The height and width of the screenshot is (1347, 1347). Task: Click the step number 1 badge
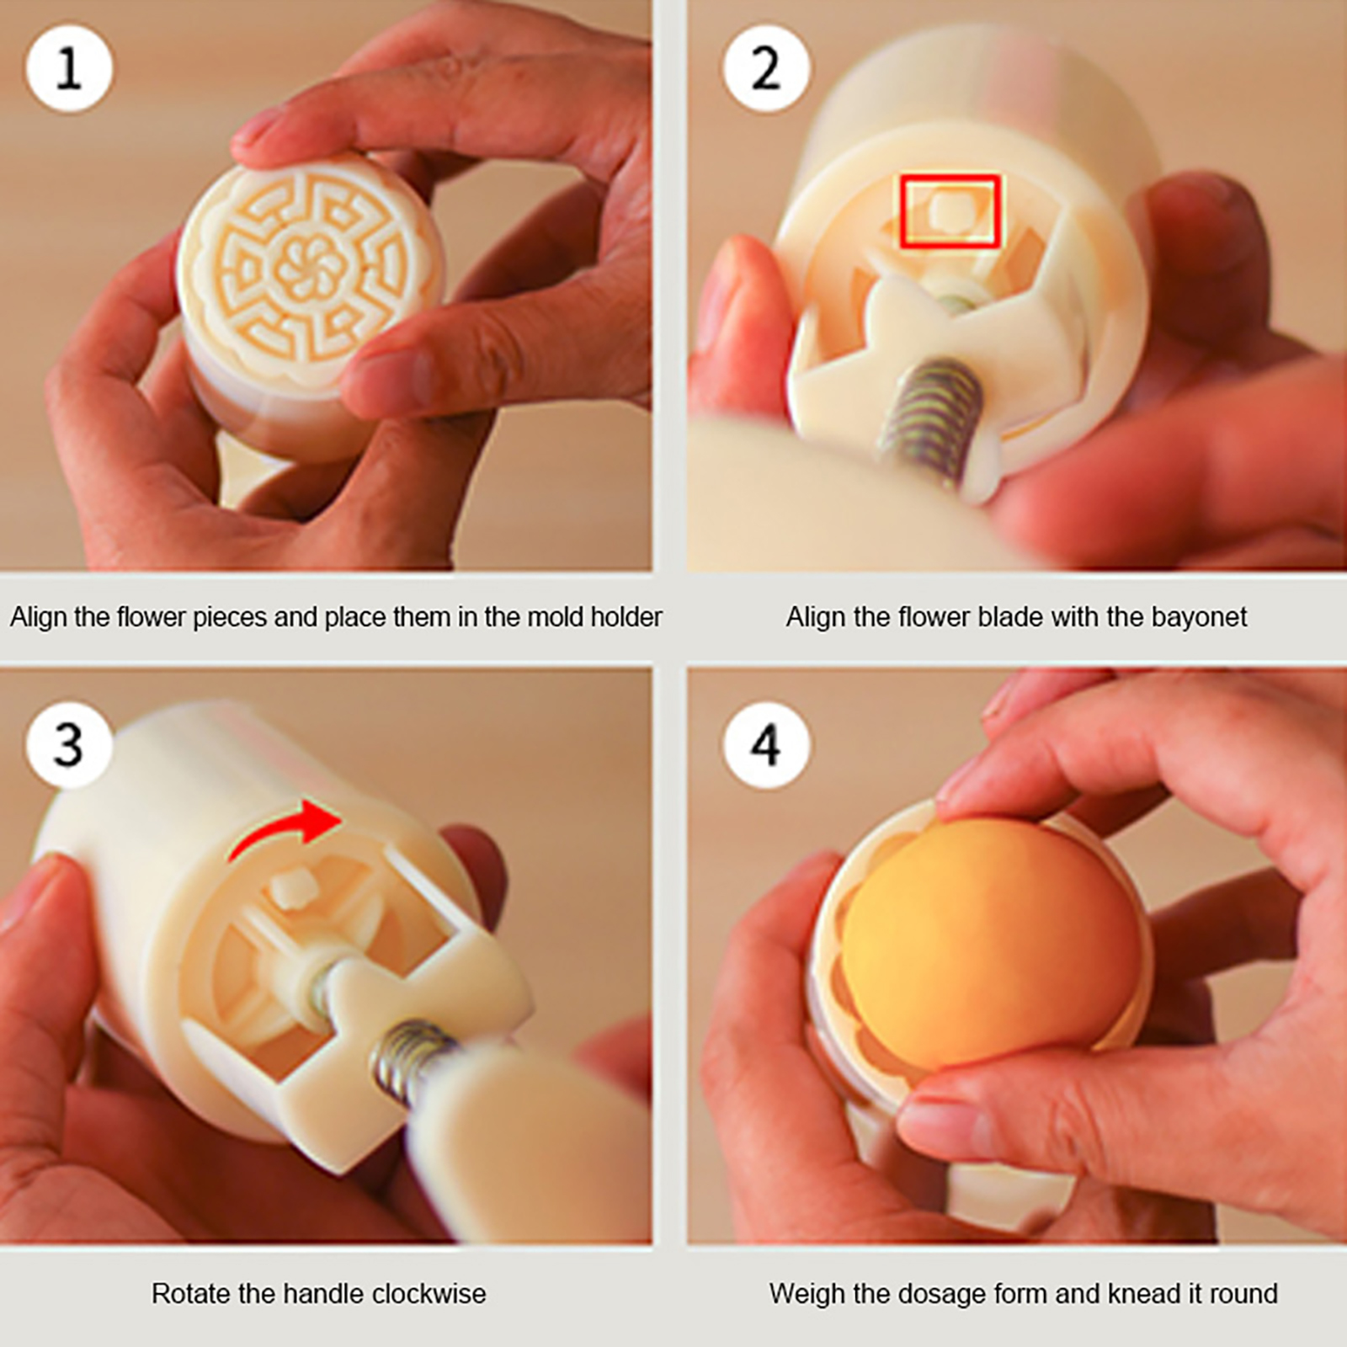tap(69, 69)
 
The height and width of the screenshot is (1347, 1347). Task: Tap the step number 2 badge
tap(765, 69)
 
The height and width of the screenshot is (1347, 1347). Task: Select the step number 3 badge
tap(69, 744)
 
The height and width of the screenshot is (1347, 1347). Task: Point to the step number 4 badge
tap(765, 744)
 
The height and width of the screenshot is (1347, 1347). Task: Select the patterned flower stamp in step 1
tap(309, 268)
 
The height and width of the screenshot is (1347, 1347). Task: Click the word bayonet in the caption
tap(1199, 618)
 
